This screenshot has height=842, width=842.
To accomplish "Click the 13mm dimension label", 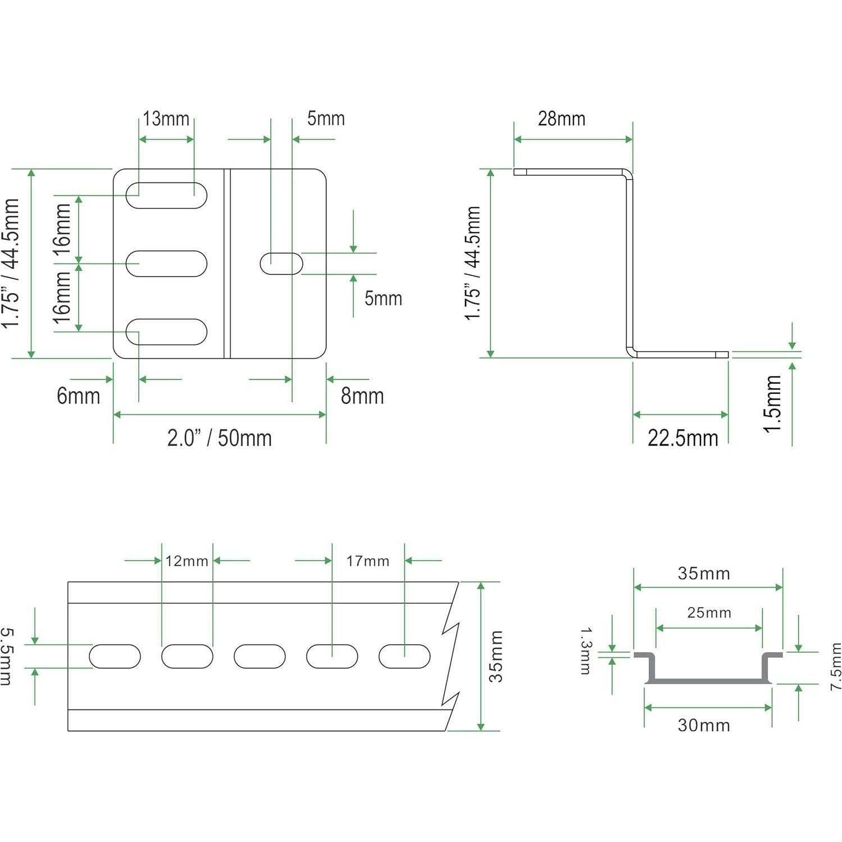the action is (166, 119).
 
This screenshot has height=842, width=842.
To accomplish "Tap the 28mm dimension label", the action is (562, 119).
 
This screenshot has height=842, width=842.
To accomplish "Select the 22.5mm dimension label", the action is (682, 438).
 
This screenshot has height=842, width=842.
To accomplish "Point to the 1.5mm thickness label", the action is (773, 403).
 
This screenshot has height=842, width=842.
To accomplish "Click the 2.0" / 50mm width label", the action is (220, 438).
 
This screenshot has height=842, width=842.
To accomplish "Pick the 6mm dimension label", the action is (79, 396).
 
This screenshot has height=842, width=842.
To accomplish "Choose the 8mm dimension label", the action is (362, 396).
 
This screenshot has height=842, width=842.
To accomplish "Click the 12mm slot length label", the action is (186, 561).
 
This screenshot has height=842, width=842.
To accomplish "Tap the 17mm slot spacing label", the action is (368, 561).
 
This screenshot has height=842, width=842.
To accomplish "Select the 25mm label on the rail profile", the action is (709, 613).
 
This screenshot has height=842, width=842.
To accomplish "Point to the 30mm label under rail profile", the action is (704, 725).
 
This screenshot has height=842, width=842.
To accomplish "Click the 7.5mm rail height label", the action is (836, 666).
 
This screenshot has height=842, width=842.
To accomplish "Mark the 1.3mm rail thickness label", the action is (585, 650).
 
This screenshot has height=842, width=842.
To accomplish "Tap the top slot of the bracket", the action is (166, 195).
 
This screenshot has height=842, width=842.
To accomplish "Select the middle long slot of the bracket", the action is (166, 263).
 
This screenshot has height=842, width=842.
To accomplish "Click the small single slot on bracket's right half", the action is (281, 263).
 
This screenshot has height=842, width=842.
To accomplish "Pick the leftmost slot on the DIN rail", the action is (115, 656).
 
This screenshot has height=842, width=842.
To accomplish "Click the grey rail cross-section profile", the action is (708, 680).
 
